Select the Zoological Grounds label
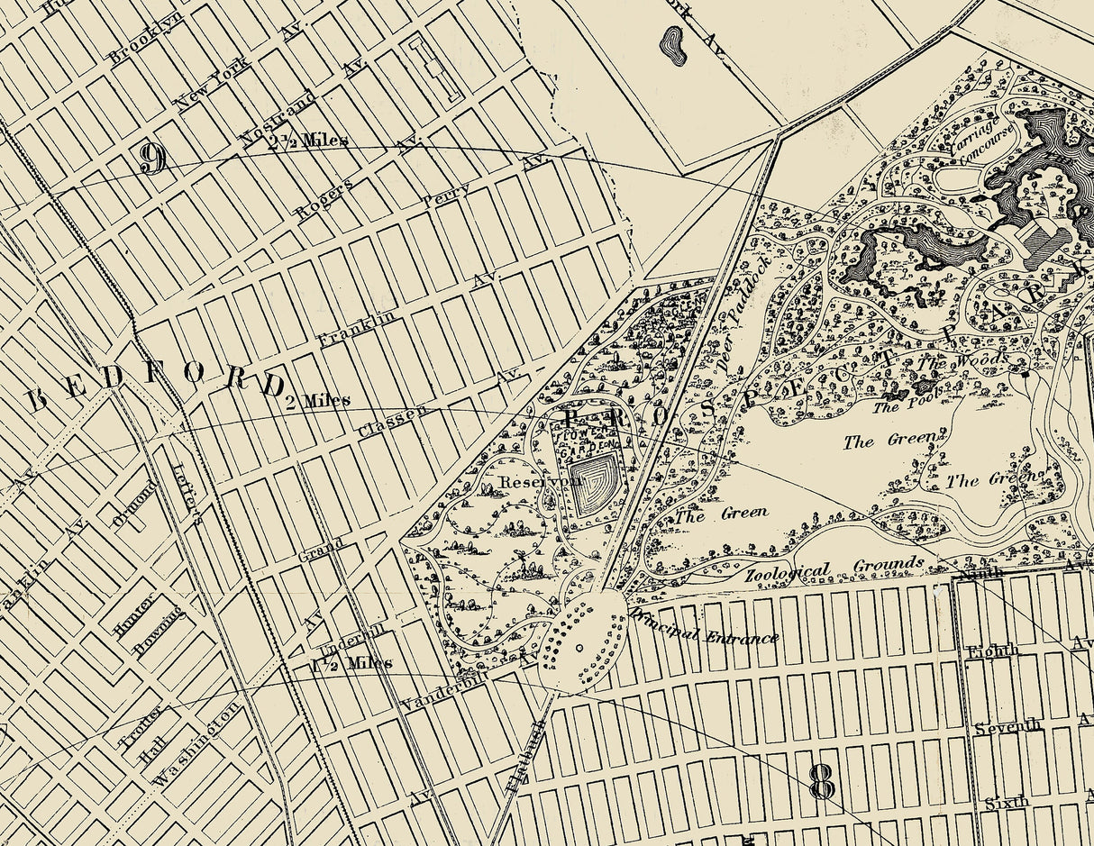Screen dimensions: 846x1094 click(x=834, y=569)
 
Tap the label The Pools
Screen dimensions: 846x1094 click(x=899, y=405)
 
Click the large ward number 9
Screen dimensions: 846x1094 click(x=152, y=159)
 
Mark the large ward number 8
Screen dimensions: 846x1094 click(x=822, y=782)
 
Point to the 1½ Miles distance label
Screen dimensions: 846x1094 click(x=351, y=663)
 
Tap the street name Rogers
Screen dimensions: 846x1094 click(x=324, y=197)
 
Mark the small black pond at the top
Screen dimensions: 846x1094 click(x=671, y=44)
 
